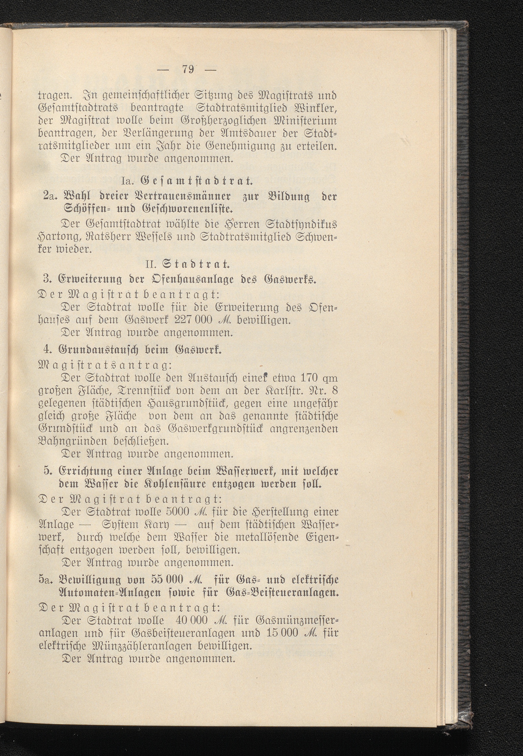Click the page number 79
click(188, 70)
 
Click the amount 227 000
click(195, 320)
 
